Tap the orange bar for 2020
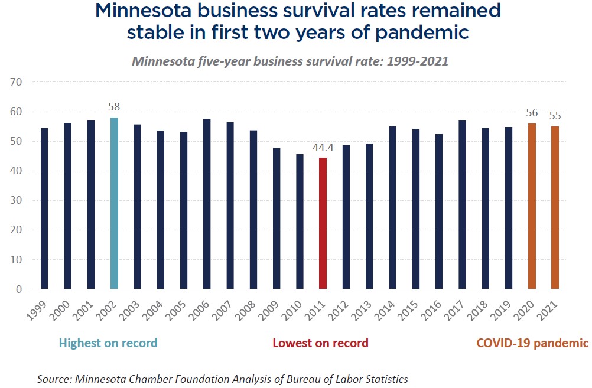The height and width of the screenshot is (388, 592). [x=532, y=206]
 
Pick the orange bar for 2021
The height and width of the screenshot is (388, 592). [x=555, y=207]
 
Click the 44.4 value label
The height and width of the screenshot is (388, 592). [x=323, y=148]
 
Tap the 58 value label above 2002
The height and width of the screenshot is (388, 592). [x=114, y=107]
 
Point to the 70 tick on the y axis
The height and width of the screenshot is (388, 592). [x=16, y=81]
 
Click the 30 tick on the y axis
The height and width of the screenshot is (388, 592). [x=16, y=200]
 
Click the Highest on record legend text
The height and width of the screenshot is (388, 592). [x=108, y=343]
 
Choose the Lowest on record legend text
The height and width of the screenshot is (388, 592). [x=320, y=343]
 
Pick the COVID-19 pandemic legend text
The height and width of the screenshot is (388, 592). [x=532, y=343]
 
